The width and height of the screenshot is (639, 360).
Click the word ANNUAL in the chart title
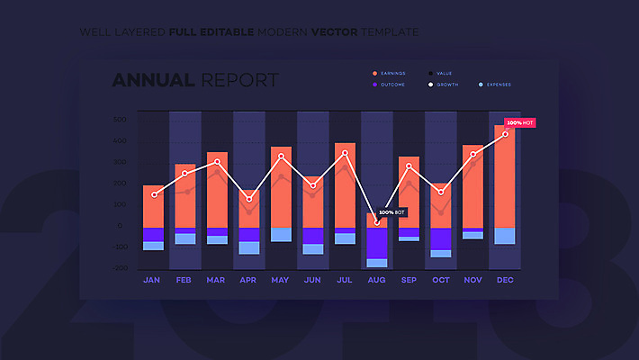point(153,80)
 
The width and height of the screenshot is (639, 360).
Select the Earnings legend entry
point(392,72)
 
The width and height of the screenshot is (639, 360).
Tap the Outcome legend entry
point(392,85)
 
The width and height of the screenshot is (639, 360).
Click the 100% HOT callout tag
point(519,122)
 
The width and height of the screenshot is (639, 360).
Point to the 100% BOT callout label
point(392,212)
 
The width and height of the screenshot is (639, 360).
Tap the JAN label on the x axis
point(152,280)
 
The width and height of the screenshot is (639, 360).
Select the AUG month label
point(377,280)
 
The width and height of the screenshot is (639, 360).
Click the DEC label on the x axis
point(505,280)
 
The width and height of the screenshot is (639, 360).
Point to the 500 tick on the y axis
point(120,120)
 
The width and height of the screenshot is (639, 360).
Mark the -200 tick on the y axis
point(120,268)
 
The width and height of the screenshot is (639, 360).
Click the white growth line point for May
point(281,157)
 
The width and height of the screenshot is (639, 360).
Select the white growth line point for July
point(345,153)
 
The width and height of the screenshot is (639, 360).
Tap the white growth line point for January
point(154,194)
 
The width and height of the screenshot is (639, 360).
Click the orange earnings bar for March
point(217,189)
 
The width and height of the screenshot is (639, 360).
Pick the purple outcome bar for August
point(377,243)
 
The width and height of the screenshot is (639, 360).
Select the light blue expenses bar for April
point(249,247)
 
